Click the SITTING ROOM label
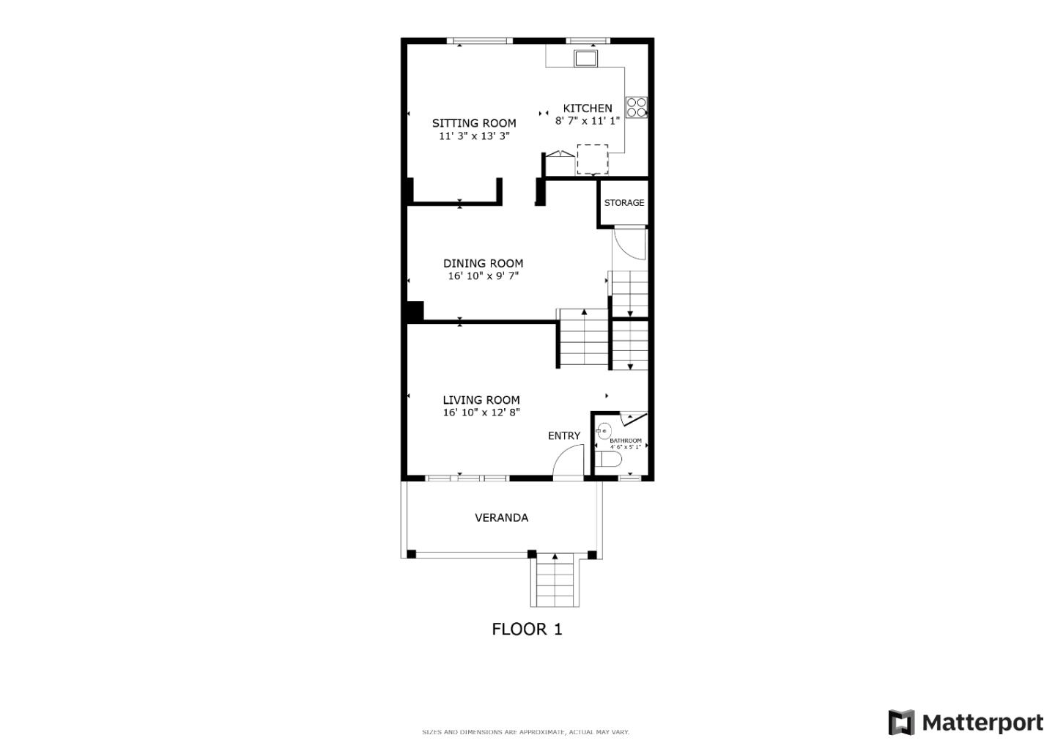[473, 123]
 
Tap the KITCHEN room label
[587, 108]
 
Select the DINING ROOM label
[483, 263]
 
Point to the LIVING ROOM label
[481, 399]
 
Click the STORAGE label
[624, 203]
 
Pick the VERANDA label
[501, 517]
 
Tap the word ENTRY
[563, 435]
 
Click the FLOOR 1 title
[527, 629]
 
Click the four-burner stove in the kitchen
[636, 108]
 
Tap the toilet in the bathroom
[608, 459]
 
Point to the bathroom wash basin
[604, 431]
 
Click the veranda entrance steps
[555, 581]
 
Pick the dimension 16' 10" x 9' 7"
[483, 276]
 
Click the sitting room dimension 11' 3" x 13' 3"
[473, 136]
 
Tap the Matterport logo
[965, 723]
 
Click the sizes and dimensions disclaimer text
[525, 732]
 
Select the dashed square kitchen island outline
[592, 159]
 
